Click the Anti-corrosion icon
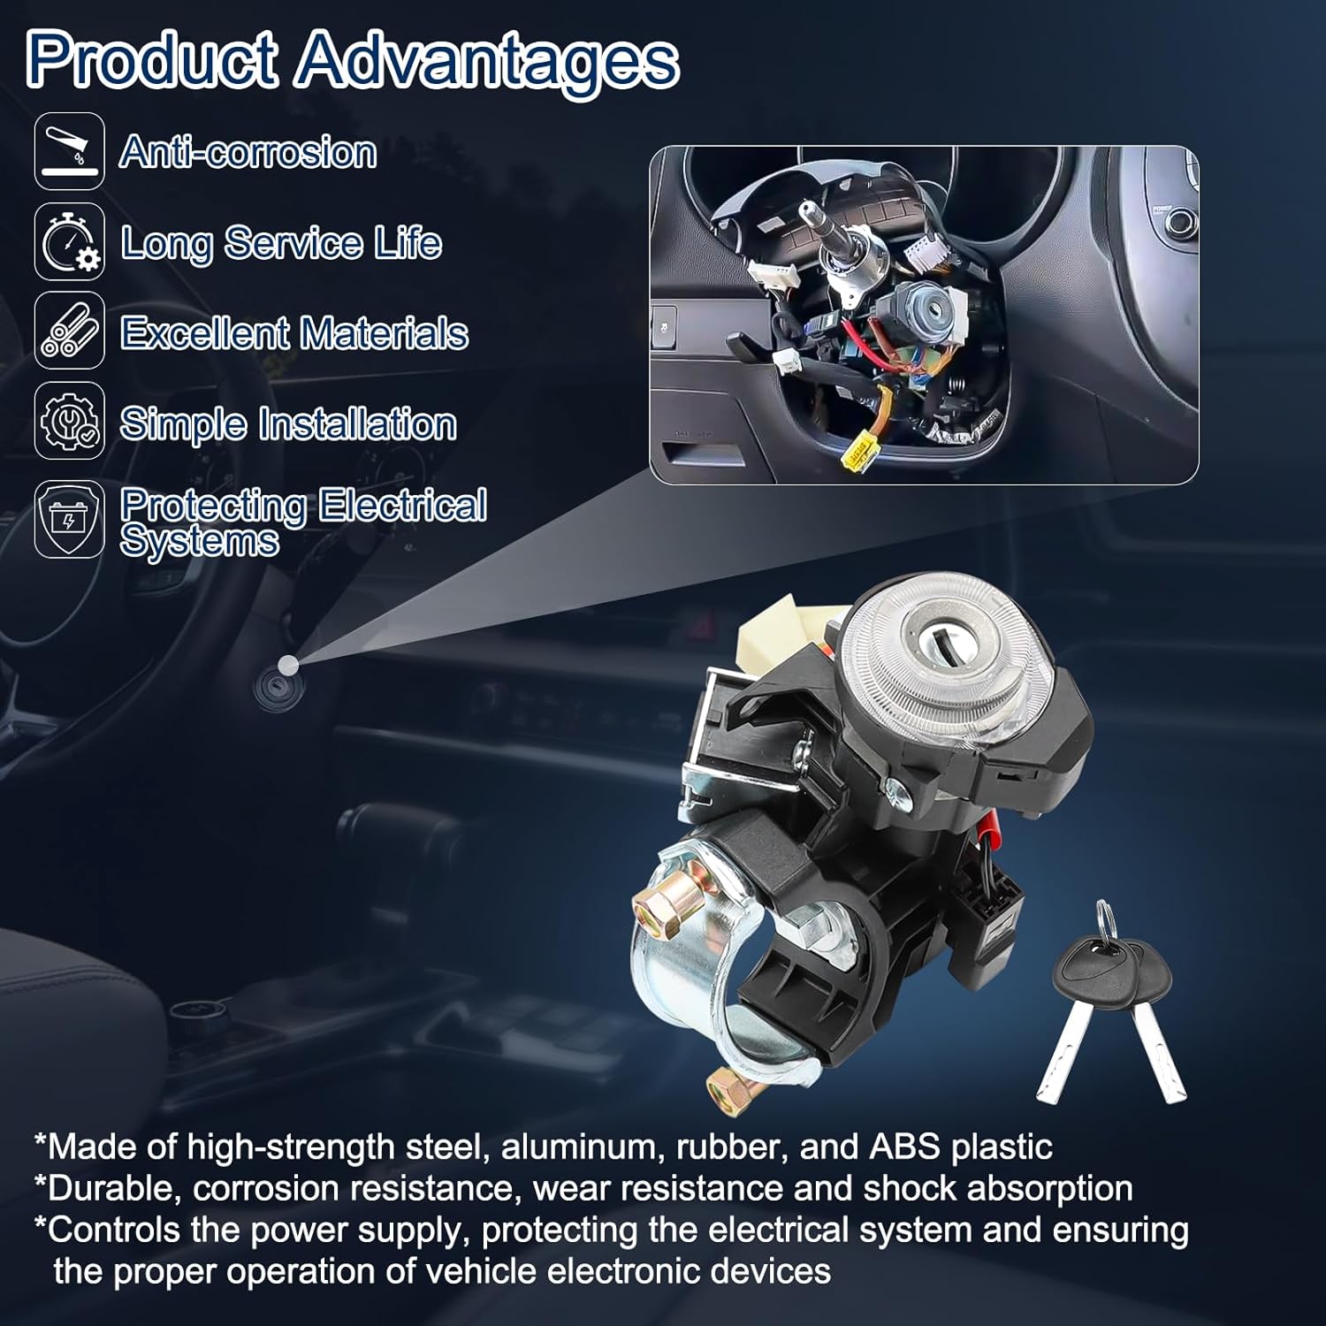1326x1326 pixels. tap(70, 151)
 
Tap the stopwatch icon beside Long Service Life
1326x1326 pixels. tap(70, 241)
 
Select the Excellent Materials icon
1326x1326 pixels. tap(70, 331)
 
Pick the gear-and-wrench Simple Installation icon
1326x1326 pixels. tap(70, 421)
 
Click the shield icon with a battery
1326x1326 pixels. tap(70, 519)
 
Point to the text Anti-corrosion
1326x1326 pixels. tap(248, 152)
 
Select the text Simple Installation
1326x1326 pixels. tap(288, 424)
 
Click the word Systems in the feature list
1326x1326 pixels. tap(200, 541)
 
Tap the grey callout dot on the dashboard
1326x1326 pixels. tap(287, 665)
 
